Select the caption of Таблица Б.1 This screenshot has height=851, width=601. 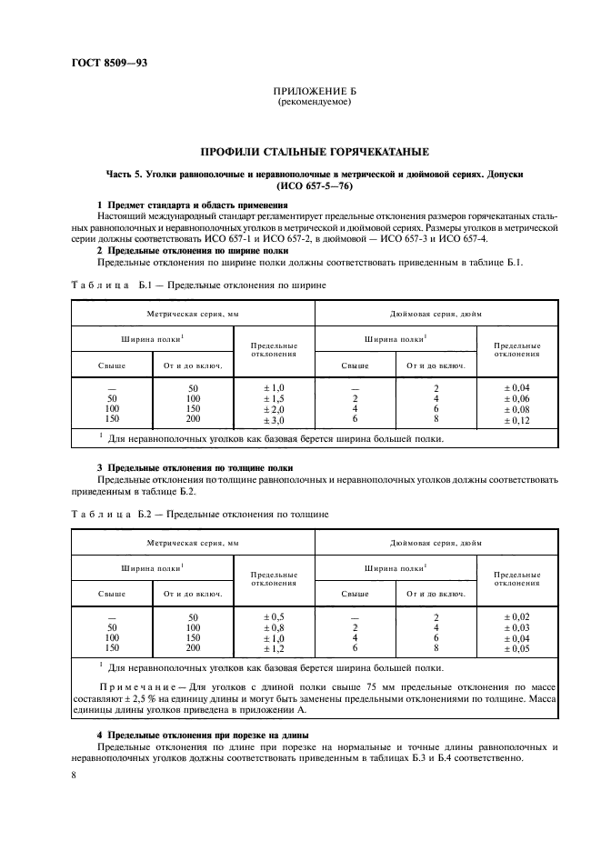click(198, 285)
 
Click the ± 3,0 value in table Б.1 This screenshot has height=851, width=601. click(274, 421)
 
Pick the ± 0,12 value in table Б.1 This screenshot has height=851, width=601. click(516, 421)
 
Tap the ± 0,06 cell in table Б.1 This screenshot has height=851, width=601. click(516, 398)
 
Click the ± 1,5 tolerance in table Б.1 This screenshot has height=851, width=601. click(274, 398)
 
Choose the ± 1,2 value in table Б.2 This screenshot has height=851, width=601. click(274, 649)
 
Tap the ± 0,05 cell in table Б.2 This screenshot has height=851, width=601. click(516, 649)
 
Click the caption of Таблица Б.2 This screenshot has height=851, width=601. click(198, 514)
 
